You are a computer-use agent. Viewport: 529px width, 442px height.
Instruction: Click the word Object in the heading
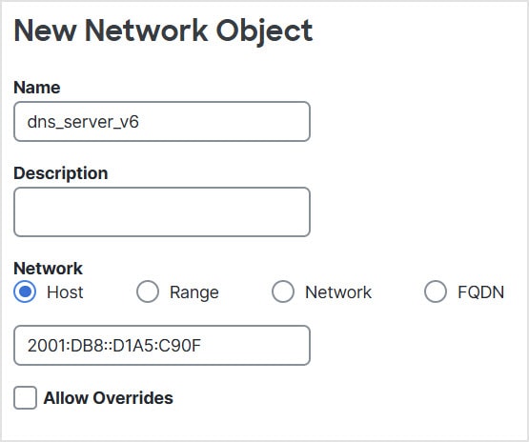click(x=264, y=31)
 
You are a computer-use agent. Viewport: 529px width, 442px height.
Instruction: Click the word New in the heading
click(x=45, y=30)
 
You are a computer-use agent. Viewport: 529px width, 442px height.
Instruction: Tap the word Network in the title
click(x=146, y=30)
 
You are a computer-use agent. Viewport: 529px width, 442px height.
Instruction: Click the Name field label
click(x=37, y=88)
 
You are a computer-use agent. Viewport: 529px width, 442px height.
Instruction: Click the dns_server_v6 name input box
click(x=162, y=121)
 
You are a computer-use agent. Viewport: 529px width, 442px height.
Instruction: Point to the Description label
click(x=61, y=173)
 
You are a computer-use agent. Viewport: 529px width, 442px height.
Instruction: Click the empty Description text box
click(x=162, y=211)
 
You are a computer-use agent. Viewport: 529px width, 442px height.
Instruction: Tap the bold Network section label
click(x=48, y=269)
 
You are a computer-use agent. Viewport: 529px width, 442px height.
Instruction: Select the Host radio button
click(x=25, y=291)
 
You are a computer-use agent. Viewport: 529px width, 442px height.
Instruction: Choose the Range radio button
click(x=148, y=291)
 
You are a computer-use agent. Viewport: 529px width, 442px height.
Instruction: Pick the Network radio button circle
click(x=283, y=291)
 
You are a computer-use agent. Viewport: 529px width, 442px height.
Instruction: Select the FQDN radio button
click(x=436, y=291)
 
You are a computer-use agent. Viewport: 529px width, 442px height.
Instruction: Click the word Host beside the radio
click(x=65, y=292)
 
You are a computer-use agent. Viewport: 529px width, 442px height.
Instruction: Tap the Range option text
click(x=194, y=292)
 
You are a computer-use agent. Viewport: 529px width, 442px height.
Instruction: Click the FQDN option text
click(x=481, y=292)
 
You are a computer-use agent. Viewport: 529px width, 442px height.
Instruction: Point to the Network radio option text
click(x=338, y=292)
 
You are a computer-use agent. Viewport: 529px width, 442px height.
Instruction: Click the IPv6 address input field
click(x=162, y=345)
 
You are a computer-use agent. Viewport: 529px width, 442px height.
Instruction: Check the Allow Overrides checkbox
click(x=26, y=398)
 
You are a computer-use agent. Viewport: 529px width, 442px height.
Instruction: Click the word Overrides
click(x=132, y=398)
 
